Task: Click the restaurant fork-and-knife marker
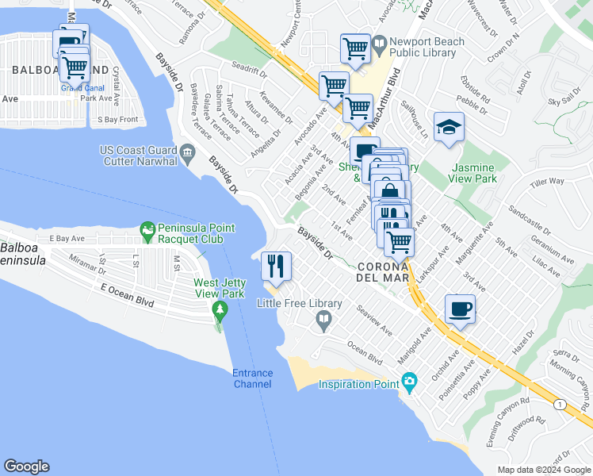tap(276, 267)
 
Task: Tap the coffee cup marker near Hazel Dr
tap(461, 309)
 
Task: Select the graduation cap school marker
tap(449, 127)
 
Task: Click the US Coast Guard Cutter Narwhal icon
tap(187, 152)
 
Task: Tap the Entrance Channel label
tap(252, 378)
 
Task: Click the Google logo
tap(26, 466)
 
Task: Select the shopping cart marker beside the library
tap(355, 48)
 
